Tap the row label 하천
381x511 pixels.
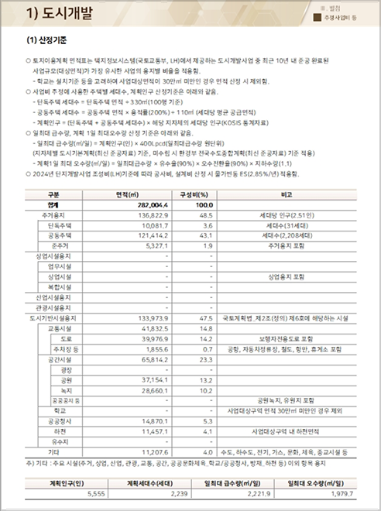coord(61,431)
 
